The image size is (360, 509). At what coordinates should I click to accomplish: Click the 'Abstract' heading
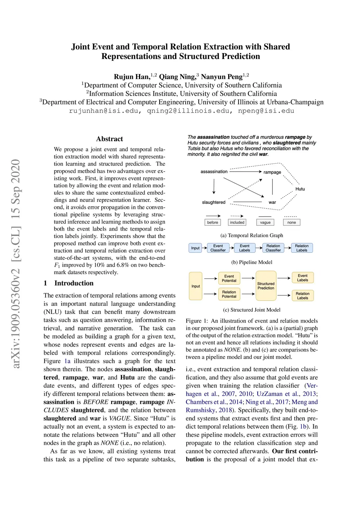coord(109,139)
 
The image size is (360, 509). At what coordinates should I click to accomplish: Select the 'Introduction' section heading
coord(74,283)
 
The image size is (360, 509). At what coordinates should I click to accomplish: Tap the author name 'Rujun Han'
coord(131,77)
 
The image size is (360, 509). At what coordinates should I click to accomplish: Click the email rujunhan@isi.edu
coord(104,111)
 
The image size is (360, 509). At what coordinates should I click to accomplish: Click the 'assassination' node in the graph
coord(214,172)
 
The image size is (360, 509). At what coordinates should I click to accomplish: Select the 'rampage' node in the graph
coord(272,172)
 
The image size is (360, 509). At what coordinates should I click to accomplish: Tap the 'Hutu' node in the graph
coord(300,189)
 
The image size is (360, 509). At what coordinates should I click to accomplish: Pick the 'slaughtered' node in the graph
coord(213,202)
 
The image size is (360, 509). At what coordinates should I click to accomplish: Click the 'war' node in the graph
coord(272,202)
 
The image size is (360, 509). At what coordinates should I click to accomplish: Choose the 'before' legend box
coord(212,222)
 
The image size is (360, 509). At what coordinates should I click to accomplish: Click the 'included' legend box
coord(237,222)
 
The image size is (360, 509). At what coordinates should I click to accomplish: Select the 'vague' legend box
coord(265,222)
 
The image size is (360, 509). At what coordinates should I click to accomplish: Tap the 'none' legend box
coord(291,222)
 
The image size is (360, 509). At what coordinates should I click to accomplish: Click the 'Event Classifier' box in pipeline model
coord(218,248)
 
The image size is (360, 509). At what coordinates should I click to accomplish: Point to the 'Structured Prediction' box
coord(266,286)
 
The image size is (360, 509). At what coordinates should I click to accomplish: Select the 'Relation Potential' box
coord(229,294)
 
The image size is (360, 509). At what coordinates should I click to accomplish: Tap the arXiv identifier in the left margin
coord(15,264)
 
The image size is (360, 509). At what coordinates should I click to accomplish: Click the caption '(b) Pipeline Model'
coord(252,262)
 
